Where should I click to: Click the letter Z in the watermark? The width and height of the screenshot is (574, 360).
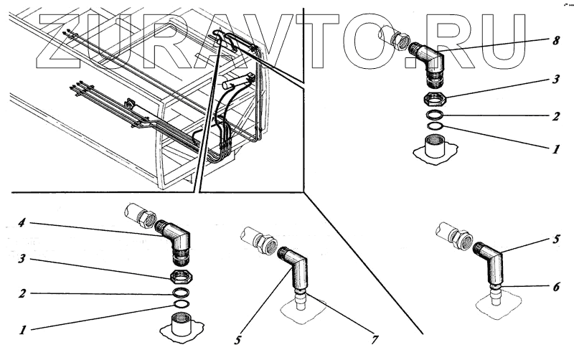tap(68, 40)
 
